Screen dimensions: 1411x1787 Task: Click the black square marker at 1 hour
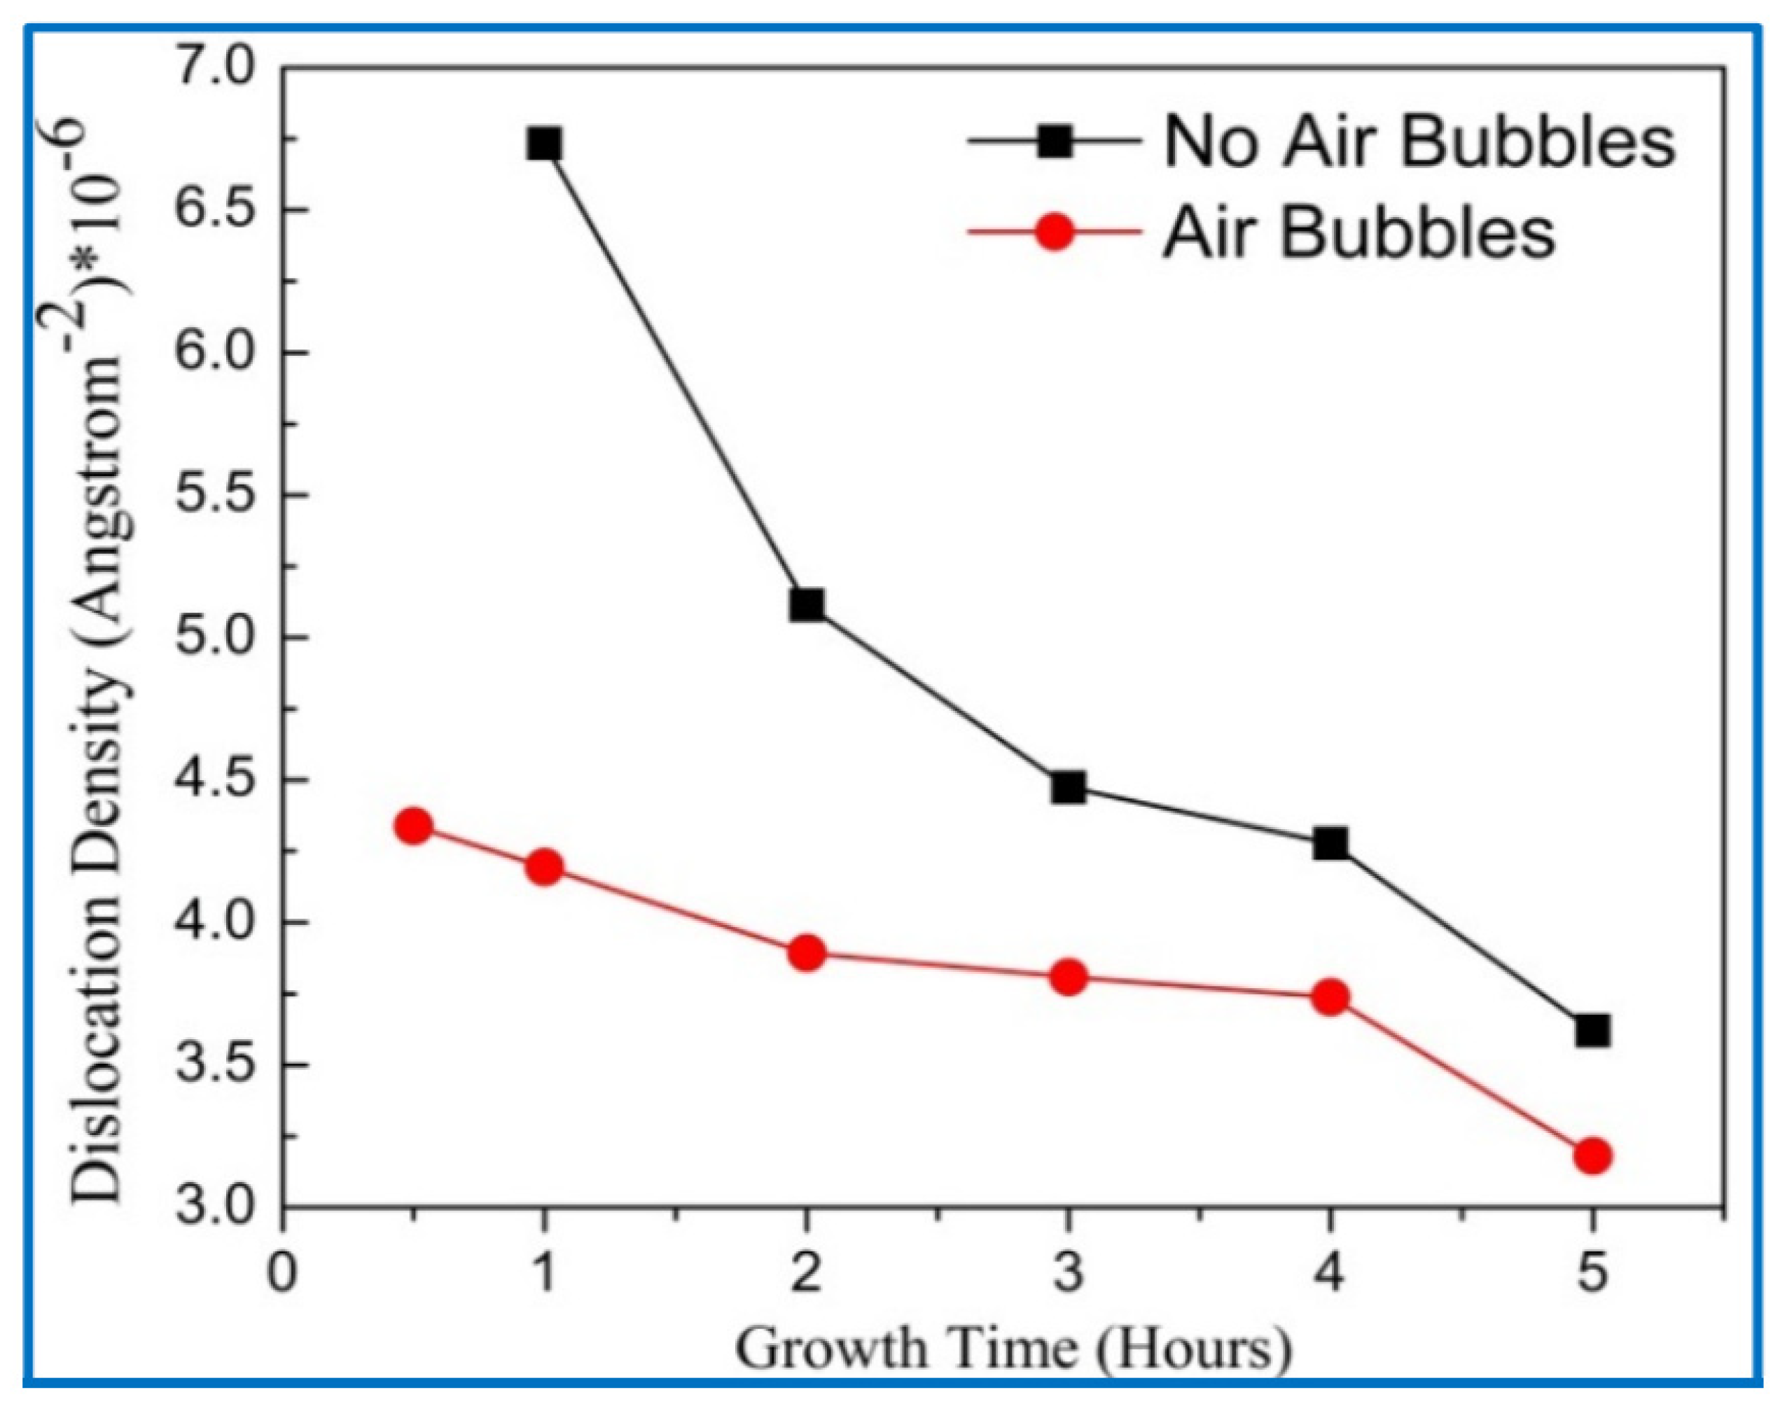[543, 144]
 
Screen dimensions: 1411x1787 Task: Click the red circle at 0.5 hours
[414, 826]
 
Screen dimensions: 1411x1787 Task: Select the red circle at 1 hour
[543, 868]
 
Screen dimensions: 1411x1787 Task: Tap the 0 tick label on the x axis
[283, 1273]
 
